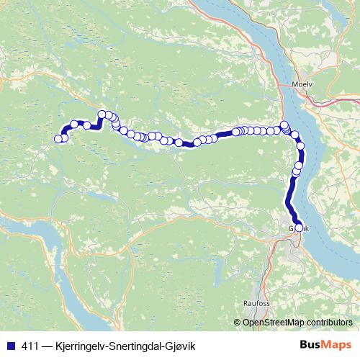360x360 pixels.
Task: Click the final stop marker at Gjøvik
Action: click(x=299, y=228)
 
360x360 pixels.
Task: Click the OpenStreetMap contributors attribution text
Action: click(x=297, y=322)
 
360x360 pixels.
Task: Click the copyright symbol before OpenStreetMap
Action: click(x=238, y=322)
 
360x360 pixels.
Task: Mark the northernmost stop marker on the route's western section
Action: click(x=102, y=114)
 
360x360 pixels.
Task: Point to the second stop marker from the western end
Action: click(x=64, y=138)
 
